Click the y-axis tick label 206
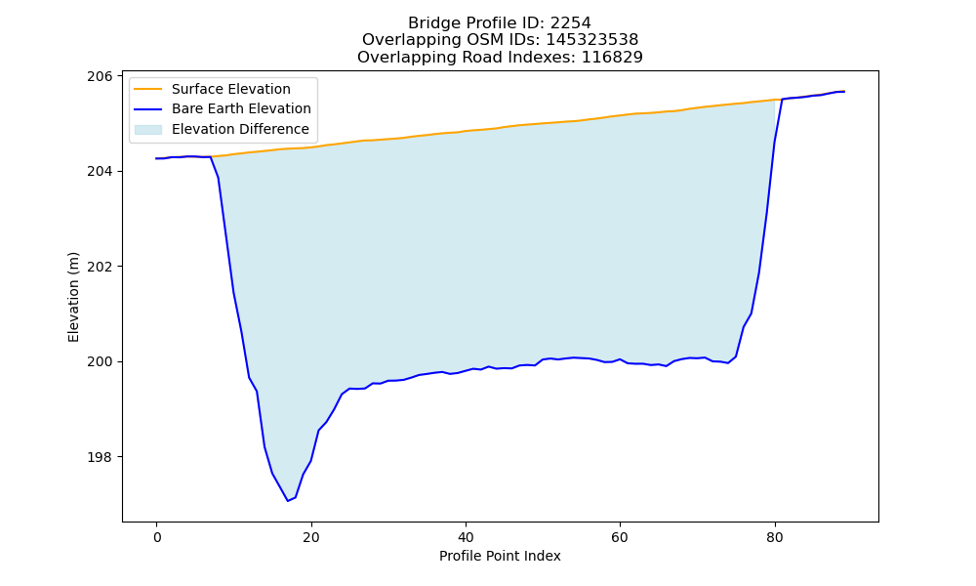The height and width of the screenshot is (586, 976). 101,76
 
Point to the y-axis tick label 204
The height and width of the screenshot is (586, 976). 101,171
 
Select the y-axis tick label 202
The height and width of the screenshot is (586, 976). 101,267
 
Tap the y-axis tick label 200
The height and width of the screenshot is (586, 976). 101,361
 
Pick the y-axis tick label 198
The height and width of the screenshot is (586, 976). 101,457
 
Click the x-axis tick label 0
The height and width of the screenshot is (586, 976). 157,537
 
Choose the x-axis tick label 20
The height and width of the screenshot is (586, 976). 311,537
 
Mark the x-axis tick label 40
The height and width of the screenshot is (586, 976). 466,537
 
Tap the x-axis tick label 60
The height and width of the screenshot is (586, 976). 620,537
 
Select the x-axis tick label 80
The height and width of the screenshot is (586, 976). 775,537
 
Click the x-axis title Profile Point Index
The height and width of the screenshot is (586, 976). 500,556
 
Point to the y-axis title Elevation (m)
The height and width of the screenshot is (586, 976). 73,297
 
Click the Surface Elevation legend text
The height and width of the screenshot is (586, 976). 231,89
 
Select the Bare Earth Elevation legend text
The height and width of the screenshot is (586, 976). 241,108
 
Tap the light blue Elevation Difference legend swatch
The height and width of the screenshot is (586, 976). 148,129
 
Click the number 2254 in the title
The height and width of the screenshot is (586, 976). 571,23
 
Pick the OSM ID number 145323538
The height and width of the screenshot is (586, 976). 592,40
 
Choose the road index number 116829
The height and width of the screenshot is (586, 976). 612,58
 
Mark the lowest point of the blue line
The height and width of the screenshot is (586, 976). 288,501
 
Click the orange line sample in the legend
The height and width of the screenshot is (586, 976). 148,89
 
